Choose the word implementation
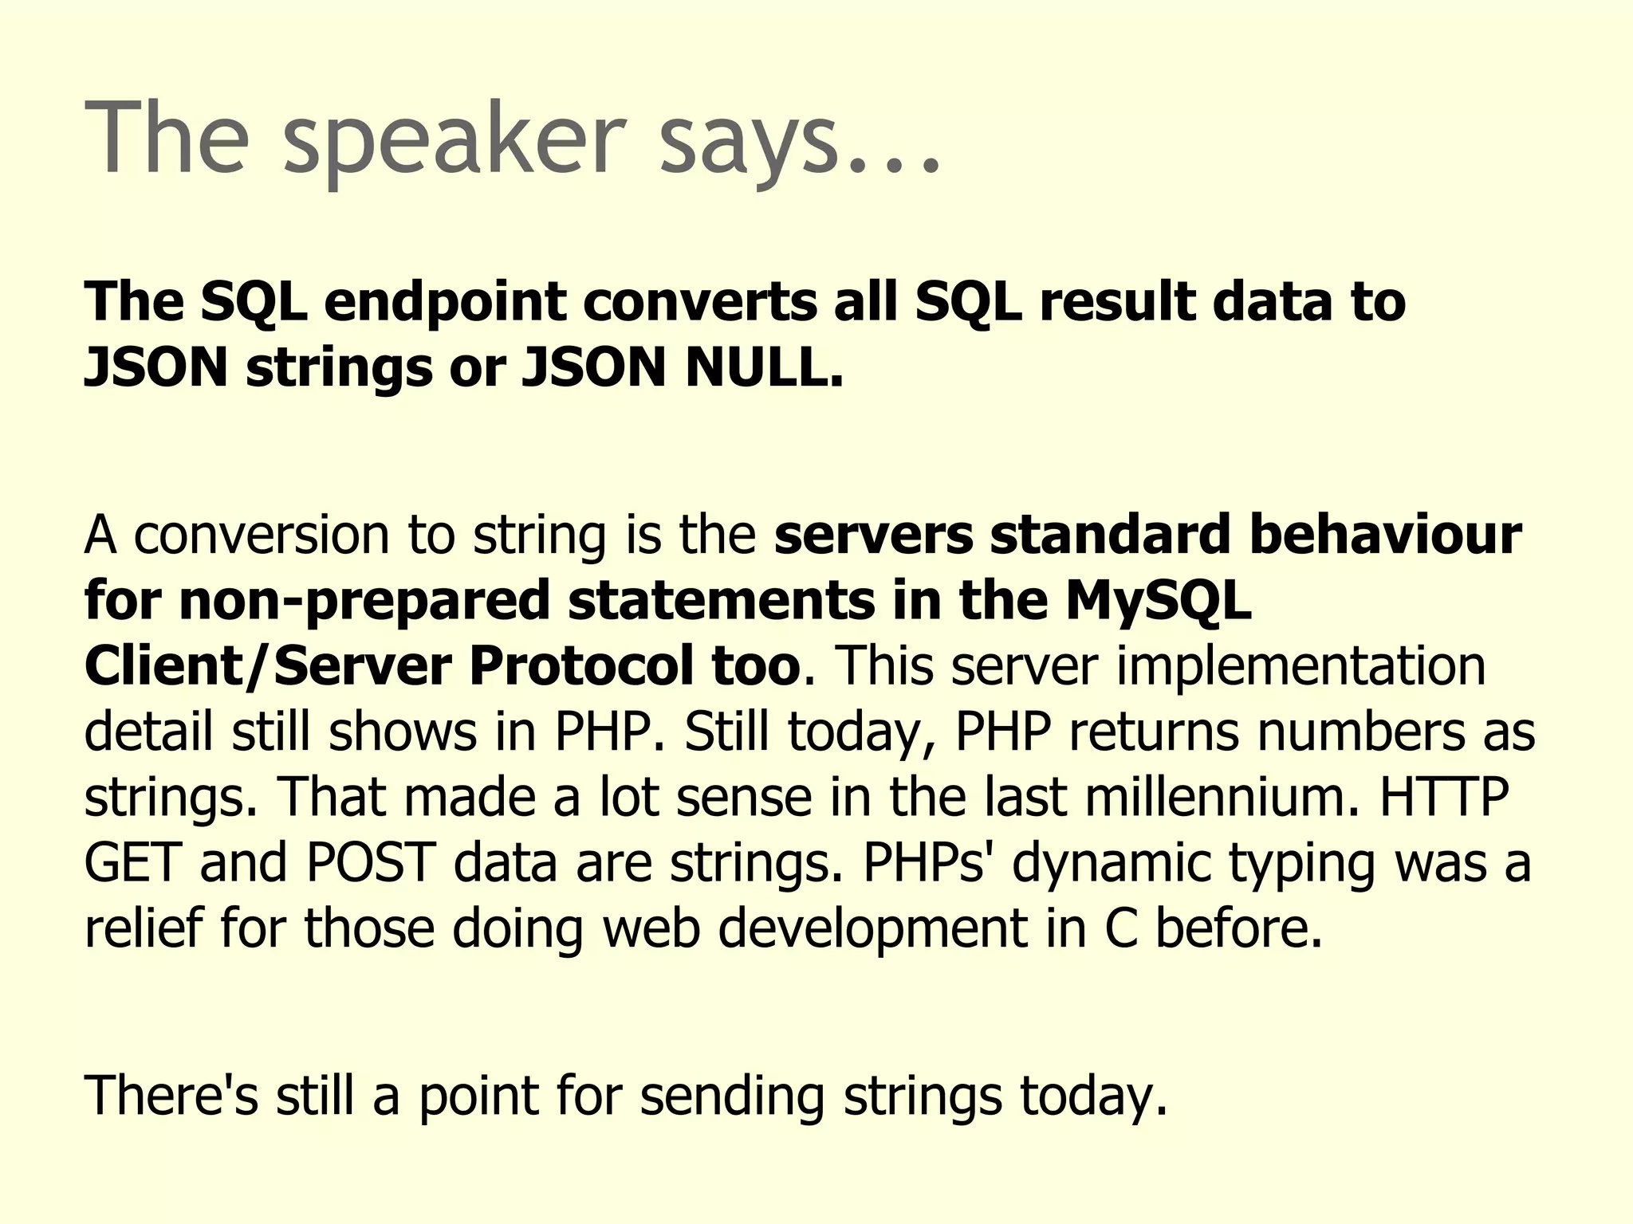click(1300, 665)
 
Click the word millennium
click(1220, 796)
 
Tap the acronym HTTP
click(1444, 796)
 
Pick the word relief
click(144, 928)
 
